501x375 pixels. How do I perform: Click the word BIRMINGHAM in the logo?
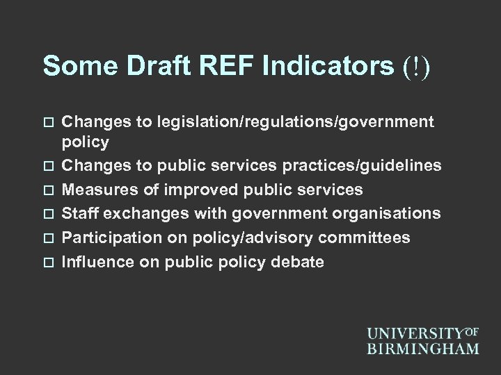[x=423, y=347]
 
